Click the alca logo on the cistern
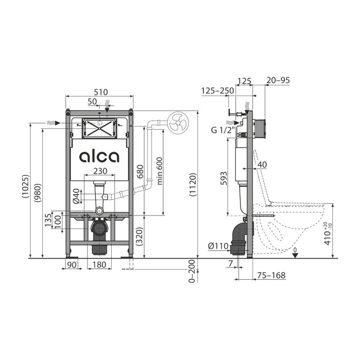[99, 157]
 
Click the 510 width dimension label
[101, 92]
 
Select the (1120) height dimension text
[193, 185]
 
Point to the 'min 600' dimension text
[160, 171]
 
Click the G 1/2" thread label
[223, 130]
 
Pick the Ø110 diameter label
[218, 246]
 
